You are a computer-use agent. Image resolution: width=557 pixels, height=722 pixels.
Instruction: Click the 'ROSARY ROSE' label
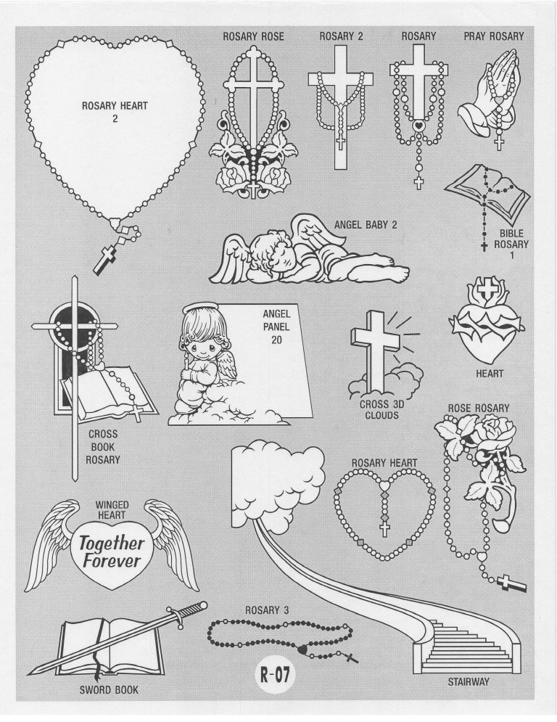tap(253, 36)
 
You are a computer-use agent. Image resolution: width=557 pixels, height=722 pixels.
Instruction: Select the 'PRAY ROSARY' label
tap(494, 36)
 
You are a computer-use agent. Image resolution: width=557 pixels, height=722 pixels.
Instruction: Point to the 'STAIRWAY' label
tap(469, 681)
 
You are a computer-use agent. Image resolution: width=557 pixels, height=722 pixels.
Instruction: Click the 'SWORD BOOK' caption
tap(109, 689)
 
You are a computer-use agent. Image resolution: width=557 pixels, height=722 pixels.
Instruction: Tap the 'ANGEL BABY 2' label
tap(366, 225)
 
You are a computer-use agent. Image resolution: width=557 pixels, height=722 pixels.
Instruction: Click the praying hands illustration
tap(487, 91)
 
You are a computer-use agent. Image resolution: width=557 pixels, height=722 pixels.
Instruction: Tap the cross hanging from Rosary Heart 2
tap(104, 259)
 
